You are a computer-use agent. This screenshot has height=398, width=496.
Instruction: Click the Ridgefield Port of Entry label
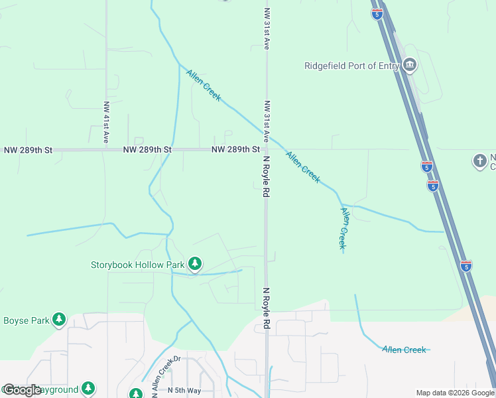(x=351, y=66)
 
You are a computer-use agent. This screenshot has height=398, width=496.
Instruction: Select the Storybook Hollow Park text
(x=137, y=265)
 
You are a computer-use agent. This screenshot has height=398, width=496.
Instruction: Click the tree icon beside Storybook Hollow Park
(x=195, y=265)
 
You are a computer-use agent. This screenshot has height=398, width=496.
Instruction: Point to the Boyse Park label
(x=27, y=320)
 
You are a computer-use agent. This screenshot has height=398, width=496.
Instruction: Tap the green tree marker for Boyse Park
(x=59, y=320)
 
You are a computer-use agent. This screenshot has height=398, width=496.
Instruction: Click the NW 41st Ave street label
(x=106, y=123)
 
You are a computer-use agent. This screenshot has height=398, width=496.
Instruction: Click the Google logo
(x=22, y=390)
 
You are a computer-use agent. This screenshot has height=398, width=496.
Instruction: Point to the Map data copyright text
(x=455, y=393)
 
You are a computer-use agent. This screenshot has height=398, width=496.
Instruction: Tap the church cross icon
(x=480, y=161)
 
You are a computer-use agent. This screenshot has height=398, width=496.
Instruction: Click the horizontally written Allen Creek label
(x=404, y=350)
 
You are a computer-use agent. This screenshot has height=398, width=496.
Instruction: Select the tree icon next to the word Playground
(x=88, y=389)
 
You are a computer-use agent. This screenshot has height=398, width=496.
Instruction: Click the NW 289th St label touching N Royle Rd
(x=235, y=150)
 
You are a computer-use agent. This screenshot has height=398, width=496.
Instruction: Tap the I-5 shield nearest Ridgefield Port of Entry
(x=377, y=14)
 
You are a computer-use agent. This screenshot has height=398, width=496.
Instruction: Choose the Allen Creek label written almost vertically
(x=343, y=228)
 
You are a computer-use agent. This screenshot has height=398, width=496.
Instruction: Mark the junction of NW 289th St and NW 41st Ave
(x=106, y=150)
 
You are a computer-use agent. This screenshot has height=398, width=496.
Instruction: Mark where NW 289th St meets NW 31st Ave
(x=267, y=149)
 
